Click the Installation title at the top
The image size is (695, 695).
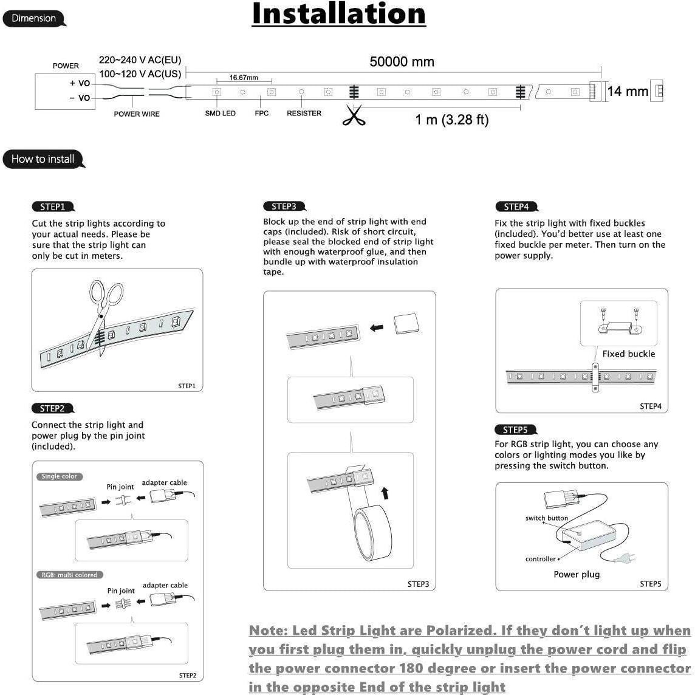(338, 15)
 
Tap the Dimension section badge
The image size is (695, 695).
(34, 18)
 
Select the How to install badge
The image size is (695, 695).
(43, 159)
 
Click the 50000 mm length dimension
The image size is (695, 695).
(402, 62)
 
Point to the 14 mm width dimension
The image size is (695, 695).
(628, 92)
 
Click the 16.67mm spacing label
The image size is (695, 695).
(244, 78)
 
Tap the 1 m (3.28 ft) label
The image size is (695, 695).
(451, 120)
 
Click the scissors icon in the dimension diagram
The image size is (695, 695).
(354, 116)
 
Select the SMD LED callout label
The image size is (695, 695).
(220, 114)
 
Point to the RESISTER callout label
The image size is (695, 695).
(304, 114)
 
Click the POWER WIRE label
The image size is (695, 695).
(137, 114)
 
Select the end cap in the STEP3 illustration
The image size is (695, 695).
(406, 324)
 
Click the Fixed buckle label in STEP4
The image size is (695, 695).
(628, 354)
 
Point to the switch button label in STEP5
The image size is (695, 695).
(546, 518)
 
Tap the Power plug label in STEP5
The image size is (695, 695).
(576, 574)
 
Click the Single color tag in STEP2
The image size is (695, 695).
(59, 477)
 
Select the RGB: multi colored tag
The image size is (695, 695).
(70, 575)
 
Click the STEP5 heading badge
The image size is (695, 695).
(516, 430)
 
